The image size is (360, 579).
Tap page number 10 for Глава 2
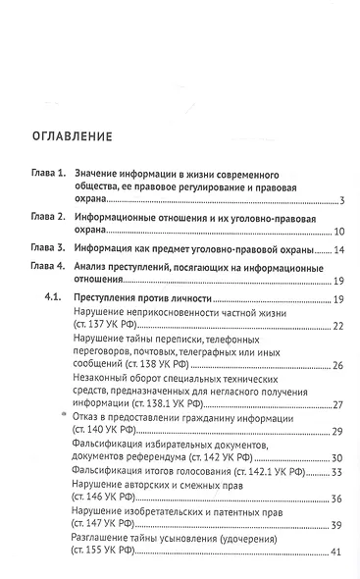336,232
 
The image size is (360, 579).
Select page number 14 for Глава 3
336,249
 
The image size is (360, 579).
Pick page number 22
336,326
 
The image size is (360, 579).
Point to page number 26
336,365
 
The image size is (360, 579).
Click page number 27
336,404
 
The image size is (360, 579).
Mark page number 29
336,433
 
